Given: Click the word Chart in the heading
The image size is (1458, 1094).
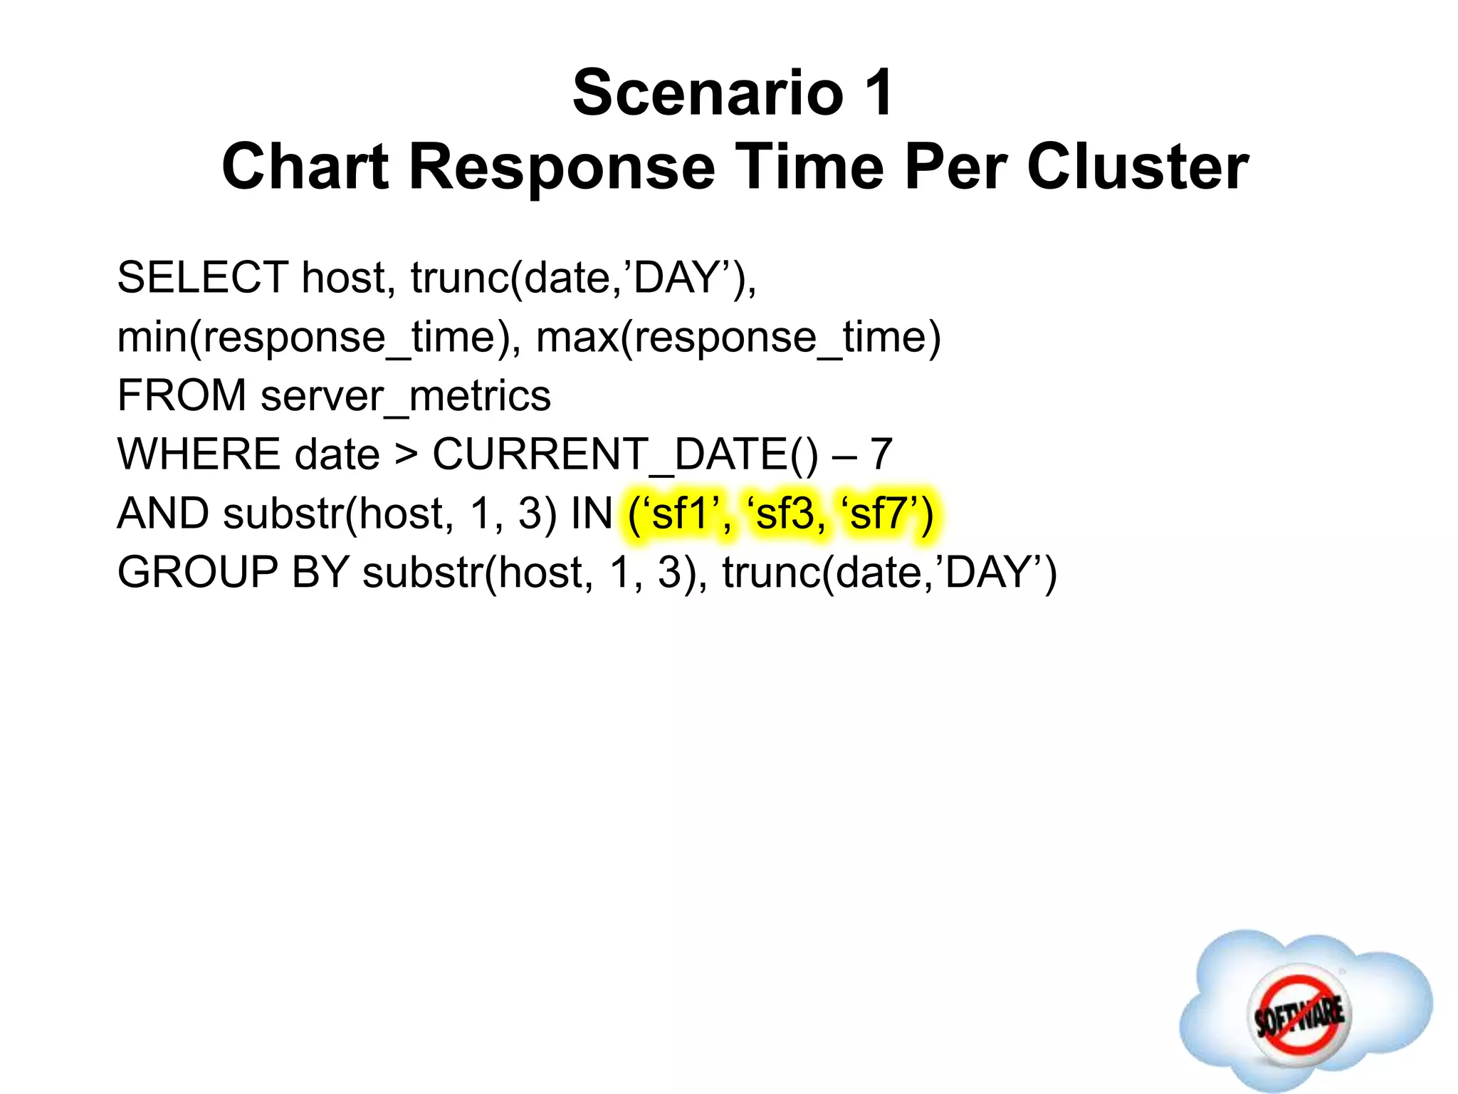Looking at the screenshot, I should click(305, 167).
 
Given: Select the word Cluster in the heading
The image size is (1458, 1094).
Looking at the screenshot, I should click(1137, 167).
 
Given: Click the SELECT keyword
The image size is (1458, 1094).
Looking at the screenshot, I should click(202, 277).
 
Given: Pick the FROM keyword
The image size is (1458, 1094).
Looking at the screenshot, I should click(182, 395).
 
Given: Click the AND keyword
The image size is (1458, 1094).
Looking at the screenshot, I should click(163, 514).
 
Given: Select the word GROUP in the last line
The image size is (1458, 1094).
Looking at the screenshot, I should click(197, 573).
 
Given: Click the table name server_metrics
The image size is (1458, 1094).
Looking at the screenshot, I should click(405, 396).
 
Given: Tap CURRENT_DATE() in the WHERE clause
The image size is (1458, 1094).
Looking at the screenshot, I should click(626, 454).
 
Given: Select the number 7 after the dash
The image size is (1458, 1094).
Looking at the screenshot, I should click(881, 454).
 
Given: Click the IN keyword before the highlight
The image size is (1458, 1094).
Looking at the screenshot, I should click(592, 514).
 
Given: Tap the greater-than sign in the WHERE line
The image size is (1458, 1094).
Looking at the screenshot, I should click(406, 456).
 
